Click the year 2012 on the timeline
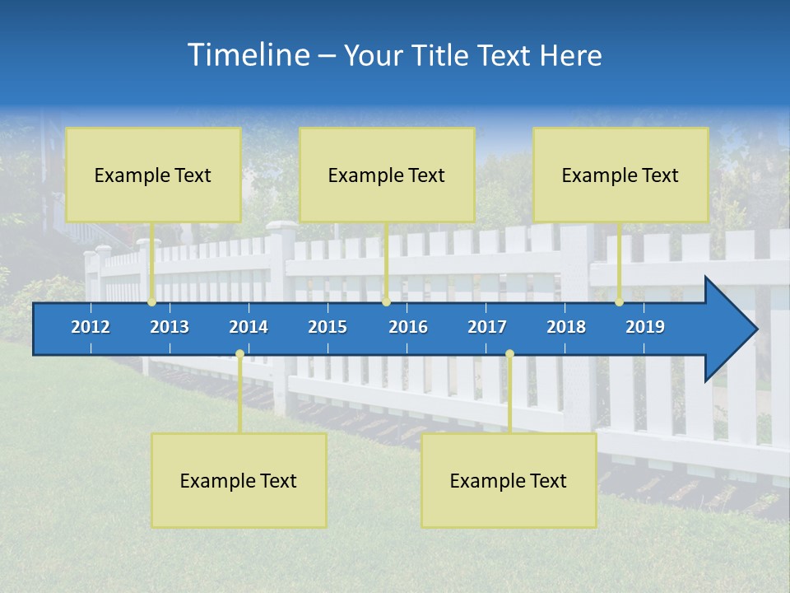tap(91, 327)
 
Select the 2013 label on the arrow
tap(170, 327)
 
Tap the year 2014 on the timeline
tap(249, 327)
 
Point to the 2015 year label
tap(328, 327)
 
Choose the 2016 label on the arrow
tap(408, 327)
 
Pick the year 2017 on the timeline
tap(487, 327)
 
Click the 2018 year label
tap(566, 327)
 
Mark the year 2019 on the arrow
tap(645, 327)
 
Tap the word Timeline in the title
tap(248, 55)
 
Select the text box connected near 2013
tap(153, 175)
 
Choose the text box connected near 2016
tap(387, 175)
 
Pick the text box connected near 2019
tap(620, 175)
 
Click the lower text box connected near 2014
tap(239, 481)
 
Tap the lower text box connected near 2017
tap(509, 481)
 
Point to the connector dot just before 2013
tap(151, 302)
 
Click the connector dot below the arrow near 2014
tap(239, 354)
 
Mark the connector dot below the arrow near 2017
tap(509, 354)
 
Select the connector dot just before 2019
tap(619, 302)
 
